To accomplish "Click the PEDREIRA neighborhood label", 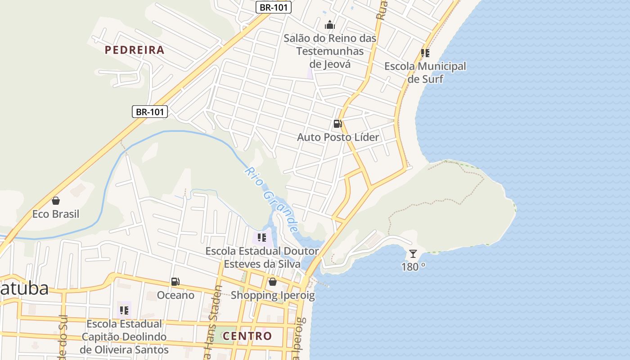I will tap(135, 50).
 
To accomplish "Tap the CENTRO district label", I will tap(247, 336).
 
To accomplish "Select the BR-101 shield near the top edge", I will tap(274, 7).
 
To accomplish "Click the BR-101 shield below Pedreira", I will tap(150, 112).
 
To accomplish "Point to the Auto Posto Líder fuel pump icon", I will tap(337, 123).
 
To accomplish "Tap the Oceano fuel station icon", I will tap(175, 282).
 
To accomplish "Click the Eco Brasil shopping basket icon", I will tap(56, 201).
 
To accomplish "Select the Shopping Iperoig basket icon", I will tap(272, 282).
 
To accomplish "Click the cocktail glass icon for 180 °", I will tap(413, 254).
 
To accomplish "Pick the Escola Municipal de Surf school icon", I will tap(425, 53).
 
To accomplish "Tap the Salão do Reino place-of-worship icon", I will tap(330, 25).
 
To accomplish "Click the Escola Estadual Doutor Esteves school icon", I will tap(261, 237).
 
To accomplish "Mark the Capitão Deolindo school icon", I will tap(124, 310).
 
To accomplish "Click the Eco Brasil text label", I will tap(56, 214).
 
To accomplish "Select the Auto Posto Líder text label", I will tap(338, 137).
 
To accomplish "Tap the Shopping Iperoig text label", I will tap(273, 296).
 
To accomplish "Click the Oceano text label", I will tap(175, 295).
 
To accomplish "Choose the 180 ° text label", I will tap(413, 267).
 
